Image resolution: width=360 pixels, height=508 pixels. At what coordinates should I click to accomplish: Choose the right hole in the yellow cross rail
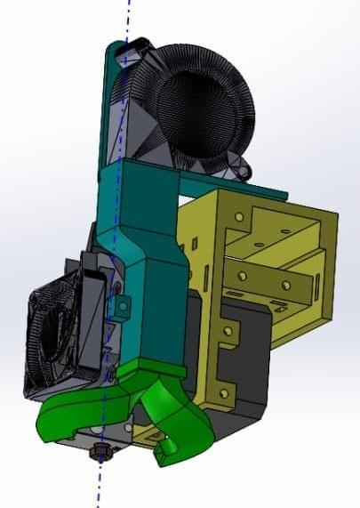click(286, 284)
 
